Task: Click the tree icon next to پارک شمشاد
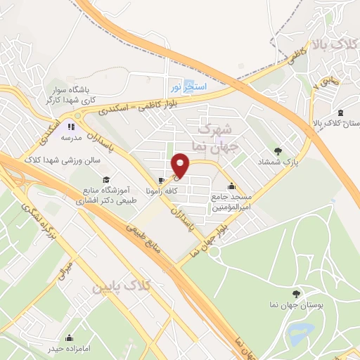pos(278,150)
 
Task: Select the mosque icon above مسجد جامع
pos(231,186)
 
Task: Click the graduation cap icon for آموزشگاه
pos(105,179)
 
